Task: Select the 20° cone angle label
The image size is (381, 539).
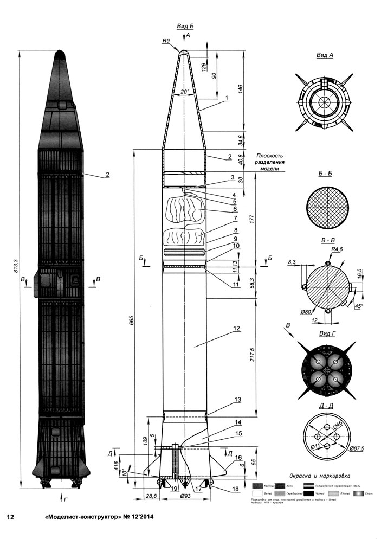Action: tap(184, 92)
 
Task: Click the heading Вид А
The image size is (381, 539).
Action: tap(324, 55)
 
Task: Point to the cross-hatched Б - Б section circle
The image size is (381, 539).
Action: tap(326, 209)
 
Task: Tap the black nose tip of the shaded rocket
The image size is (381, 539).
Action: tap(60, 55)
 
